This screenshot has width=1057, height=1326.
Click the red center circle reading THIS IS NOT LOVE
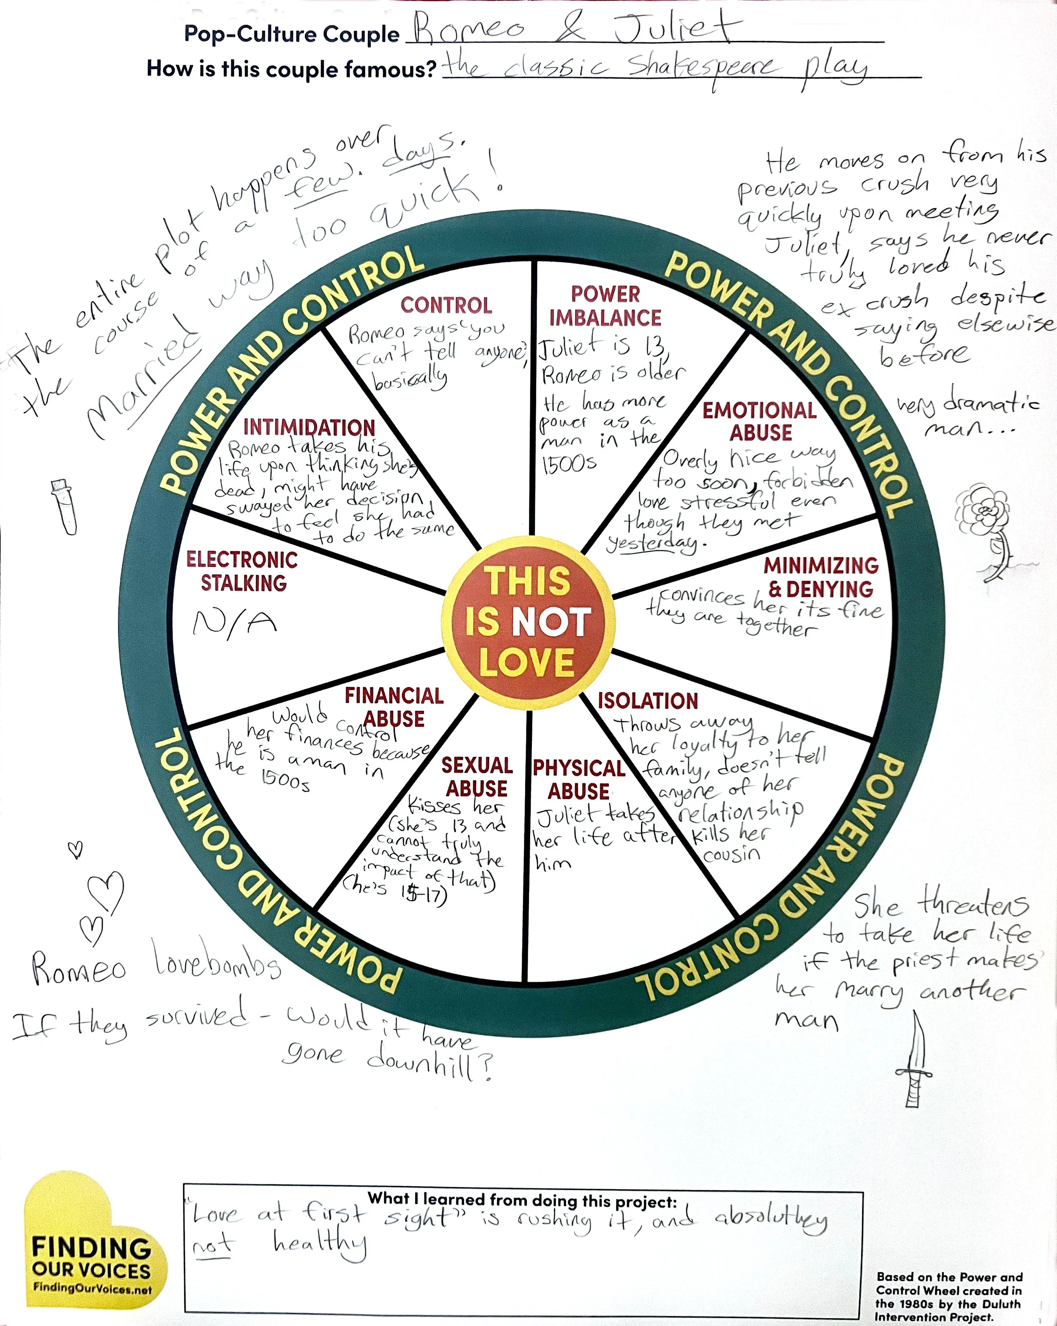(528, 622)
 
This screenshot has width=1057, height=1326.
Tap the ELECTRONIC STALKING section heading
(242, 571)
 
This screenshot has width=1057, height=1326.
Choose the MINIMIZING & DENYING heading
(821, 577)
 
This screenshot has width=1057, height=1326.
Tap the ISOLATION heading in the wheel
(647, 701)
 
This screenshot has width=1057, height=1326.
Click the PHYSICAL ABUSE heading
(579, 779)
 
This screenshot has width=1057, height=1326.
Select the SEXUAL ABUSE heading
(476, 776)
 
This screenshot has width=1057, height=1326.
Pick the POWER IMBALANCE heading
(605, 306)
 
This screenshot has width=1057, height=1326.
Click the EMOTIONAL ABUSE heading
(760, 421)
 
